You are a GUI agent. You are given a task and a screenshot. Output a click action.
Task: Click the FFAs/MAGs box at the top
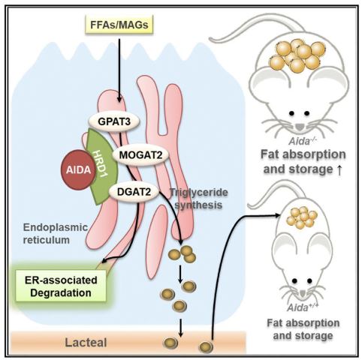click(119, 25)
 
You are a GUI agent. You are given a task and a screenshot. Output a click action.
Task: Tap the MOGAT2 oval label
click(140, 155)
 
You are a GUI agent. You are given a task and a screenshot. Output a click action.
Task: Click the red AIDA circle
click(78, 169)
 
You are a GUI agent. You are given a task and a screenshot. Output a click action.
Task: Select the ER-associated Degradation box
click(61, 286)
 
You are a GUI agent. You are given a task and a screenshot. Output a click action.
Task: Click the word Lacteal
click(86, 343)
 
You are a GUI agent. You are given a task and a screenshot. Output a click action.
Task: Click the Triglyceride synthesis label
click(199, 199)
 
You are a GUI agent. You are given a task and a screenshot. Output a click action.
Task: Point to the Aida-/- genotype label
click(303, 141)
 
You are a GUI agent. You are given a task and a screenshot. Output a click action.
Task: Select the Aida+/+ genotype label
click(303, 307)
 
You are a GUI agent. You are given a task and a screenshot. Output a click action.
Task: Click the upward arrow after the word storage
click(339, 170)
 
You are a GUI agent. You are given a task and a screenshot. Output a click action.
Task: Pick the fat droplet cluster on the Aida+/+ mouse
click(302, 217)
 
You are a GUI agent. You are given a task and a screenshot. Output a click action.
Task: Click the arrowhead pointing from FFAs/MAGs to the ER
click(119, 99)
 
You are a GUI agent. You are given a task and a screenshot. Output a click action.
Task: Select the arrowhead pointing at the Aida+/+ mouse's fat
click(277, 215)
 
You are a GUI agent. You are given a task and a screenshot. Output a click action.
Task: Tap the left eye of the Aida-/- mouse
click(291, 113)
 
